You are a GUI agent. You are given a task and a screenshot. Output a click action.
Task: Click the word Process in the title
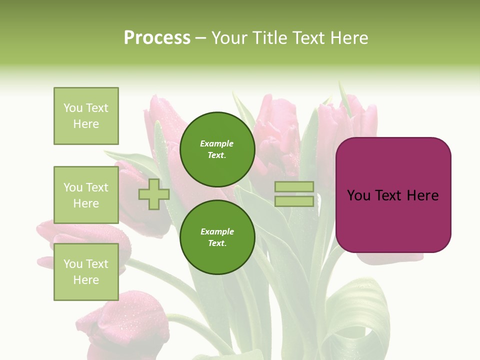(157, 38)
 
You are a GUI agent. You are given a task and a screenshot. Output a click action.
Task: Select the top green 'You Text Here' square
(86, 116)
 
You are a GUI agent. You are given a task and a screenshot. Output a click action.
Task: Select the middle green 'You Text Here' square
(86, 195)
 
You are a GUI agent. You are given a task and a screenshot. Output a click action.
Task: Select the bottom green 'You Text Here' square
(86, 272)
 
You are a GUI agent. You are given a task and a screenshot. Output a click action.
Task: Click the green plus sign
(154, 194)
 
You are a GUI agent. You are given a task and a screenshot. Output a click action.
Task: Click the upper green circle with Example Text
(217, 149)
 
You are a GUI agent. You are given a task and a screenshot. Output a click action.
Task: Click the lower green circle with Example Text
(217, 237)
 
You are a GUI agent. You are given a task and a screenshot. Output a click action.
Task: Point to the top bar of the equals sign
(294, 187)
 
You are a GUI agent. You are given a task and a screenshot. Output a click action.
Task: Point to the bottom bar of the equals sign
(294, 201)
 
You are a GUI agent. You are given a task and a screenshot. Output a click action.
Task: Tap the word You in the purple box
(358, 195)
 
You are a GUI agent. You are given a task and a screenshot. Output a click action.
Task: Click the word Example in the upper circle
(216, 144)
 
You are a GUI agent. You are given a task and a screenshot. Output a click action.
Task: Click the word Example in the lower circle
(217, 232)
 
